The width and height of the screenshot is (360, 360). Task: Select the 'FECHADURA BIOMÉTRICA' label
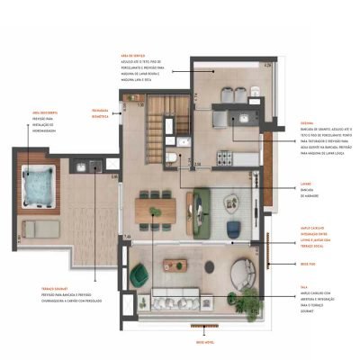click(97, 111)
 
